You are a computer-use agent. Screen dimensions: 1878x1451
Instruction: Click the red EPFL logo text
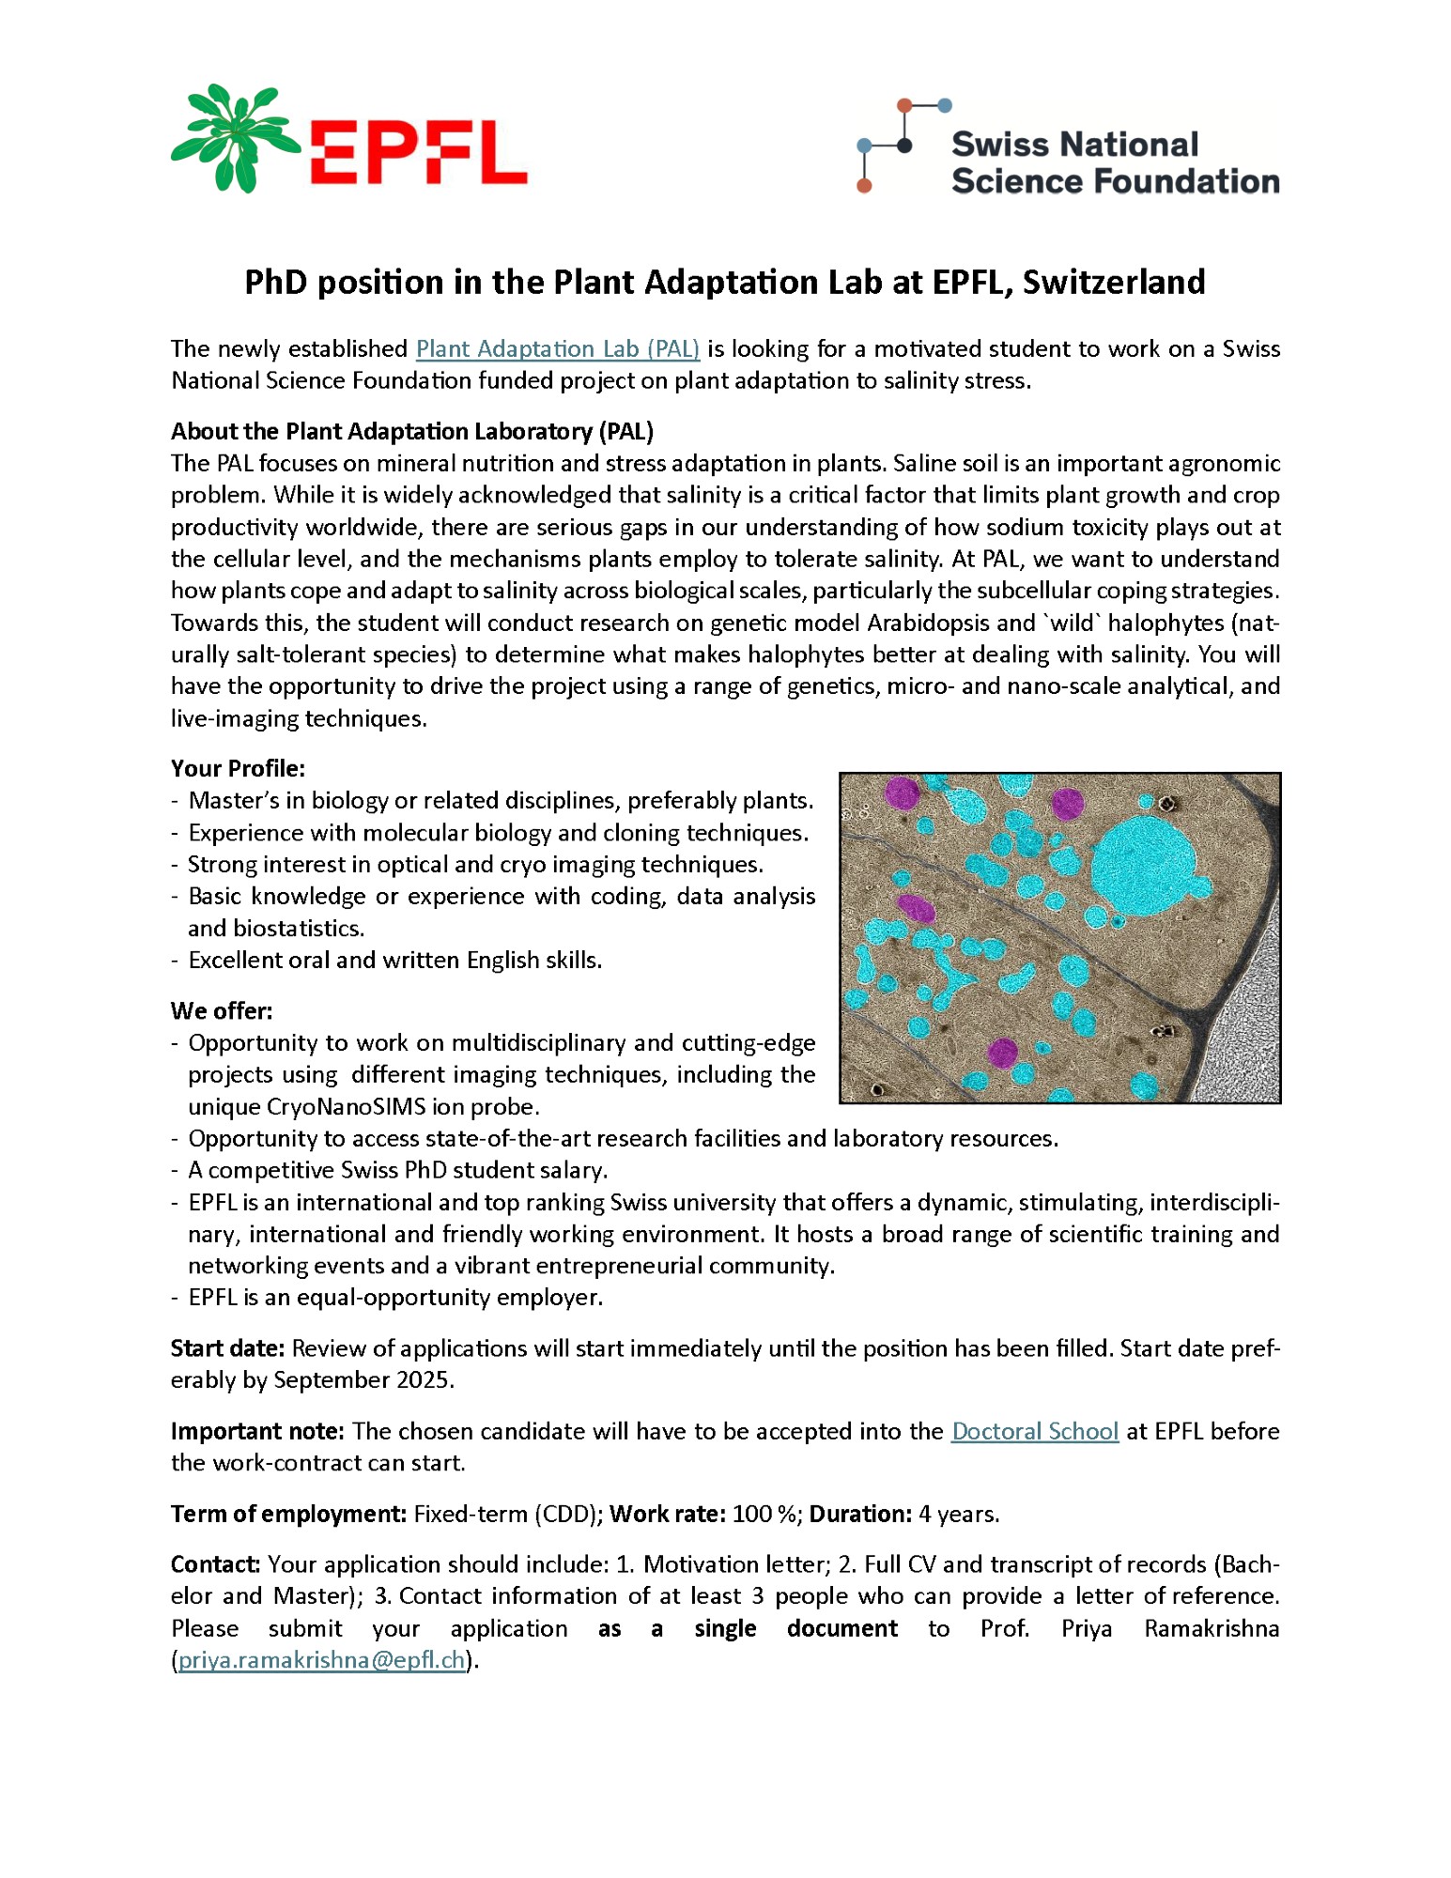pos(418,152)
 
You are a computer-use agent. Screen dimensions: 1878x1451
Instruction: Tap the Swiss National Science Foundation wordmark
pos(1114,162)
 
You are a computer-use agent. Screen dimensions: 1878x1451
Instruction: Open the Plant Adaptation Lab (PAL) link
pos(558,349)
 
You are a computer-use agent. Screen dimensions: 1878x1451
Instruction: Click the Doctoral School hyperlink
pos(1034,1431)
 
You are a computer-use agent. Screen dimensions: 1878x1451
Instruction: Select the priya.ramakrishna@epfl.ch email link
pos(322,1660)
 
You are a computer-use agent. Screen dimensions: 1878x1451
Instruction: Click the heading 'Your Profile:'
pos(238,768)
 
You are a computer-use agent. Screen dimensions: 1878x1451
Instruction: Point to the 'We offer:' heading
pos(222,1010)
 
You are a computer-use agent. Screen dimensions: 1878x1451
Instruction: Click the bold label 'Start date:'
pos(227,1348)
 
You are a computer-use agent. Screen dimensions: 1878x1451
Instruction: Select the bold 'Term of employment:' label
pos(288,1514)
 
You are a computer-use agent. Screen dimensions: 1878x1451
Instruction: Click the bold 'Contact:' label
pos(215,1564)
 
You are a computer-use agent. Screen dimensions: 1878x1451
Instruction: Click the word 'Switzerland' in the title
pos(1113,283)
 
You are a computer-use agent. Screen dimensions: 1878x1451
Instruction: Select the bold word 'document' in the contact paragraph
pos(841,1628)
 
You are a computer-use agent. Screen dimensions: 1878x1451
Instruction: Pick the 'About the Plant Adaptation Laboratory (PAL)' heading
pos(412,431)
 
